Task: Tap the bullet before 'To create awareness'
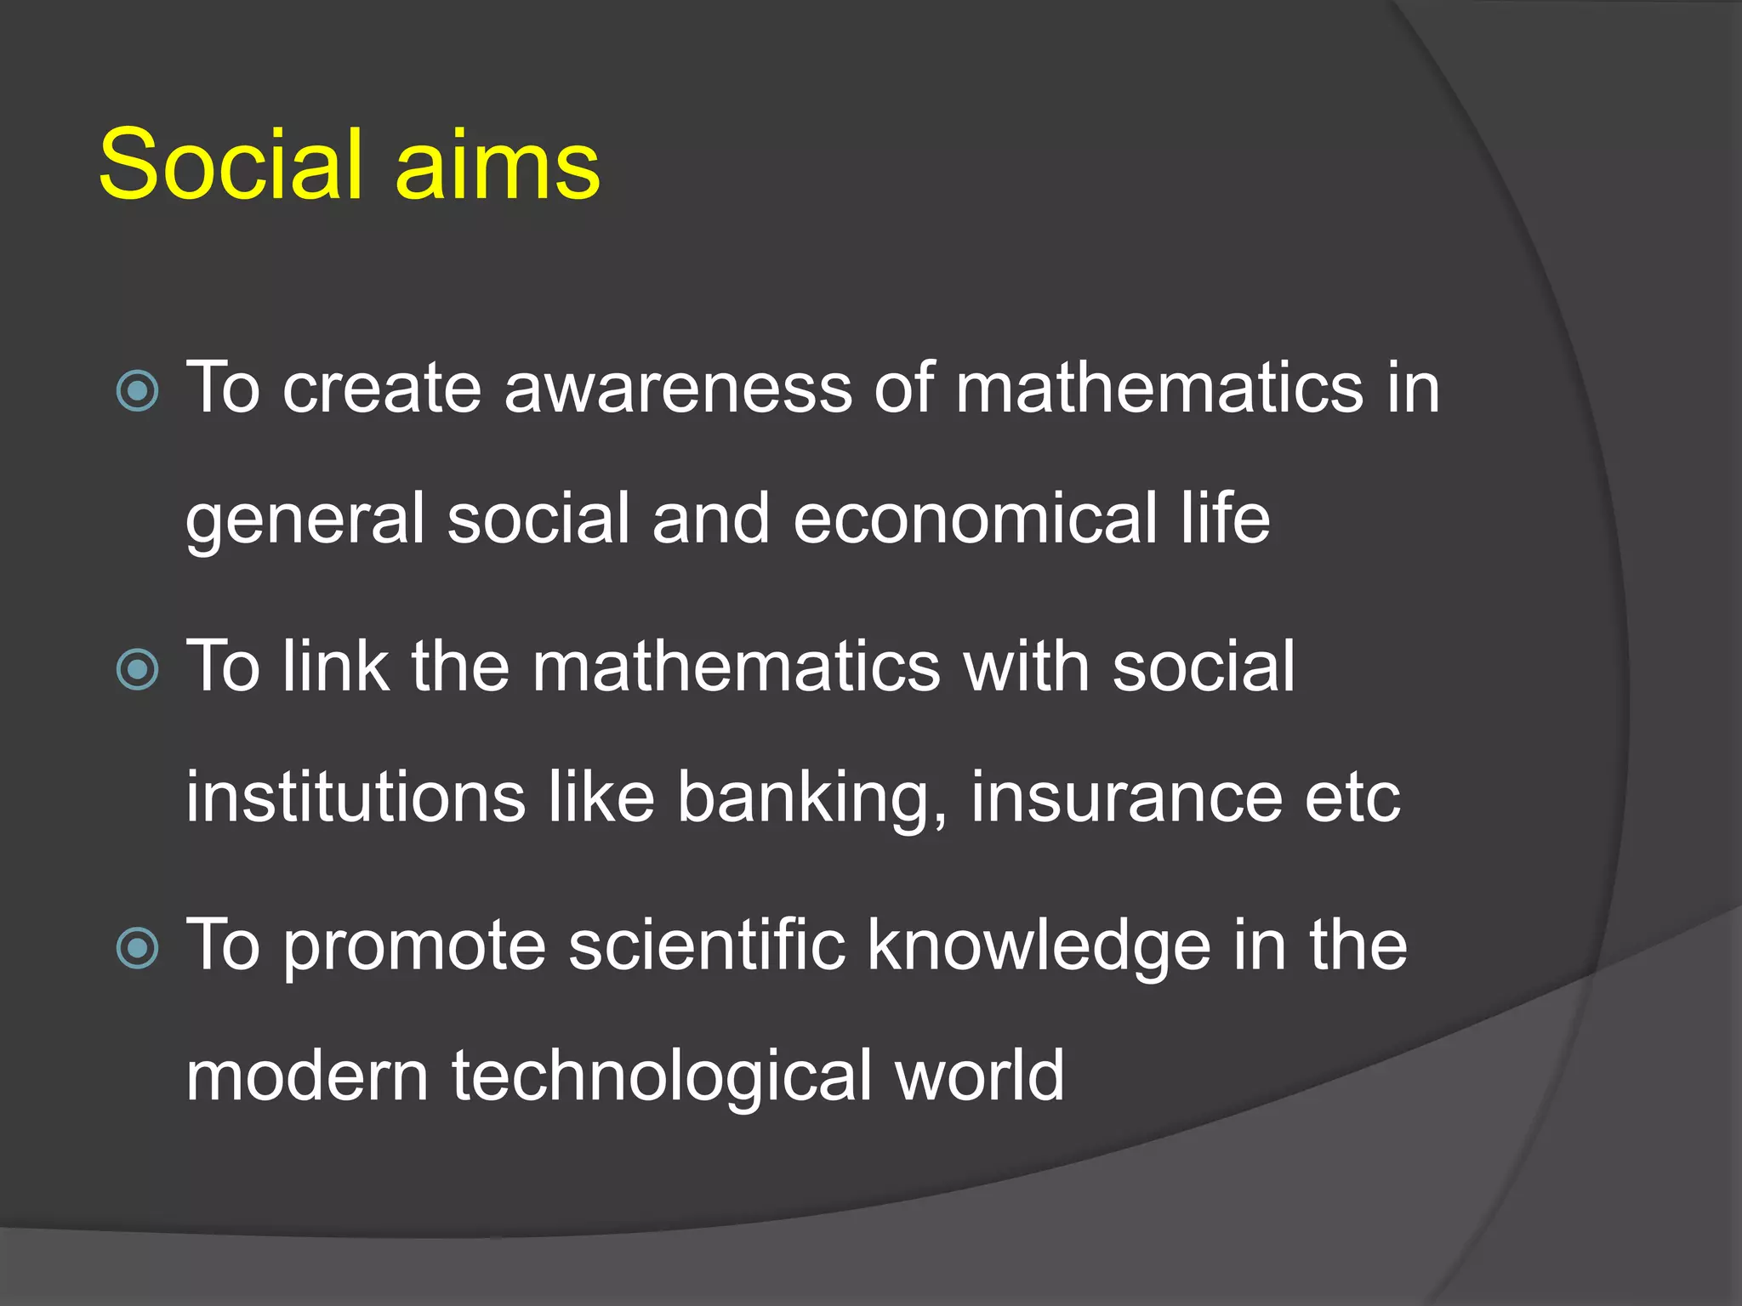(138, 391)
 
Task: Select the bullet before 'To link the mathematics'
(138, 669)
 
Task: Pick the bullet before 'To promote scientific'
(138, 947)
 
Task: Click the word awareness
(678, 388)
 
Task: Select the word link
(336, 666)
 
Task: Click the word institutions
(356, 797)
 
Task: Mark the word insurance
(1126, 797)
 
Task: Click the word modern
(307, 1076)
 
